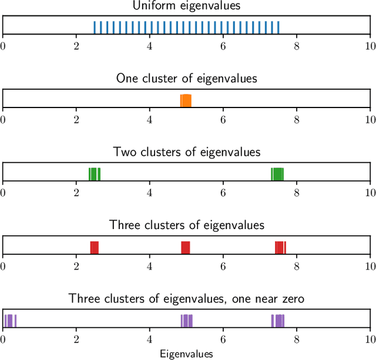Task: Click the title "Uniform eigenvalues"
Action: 187,6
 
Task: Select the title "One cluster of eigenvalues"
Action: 187,78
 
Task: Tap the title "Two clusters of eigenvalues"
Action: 187,152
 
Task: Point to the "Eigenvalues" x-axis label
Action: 187,354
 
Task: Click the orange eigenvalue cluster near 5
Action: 186,100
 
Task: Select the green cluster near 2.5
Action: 95,174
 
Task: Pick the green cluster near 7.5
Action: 277,174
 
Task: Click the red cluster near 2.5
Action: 94,247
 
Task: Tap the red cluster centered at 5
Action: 186,247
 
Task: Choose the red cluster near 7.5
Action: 280,247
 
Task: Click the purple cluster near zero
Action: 10,321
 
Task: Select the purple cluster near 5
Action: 187,321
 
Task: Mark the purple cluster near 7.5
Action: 278,321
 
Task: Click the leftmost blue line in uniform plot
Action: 95,28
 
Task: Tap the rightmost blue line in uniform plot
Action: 278,28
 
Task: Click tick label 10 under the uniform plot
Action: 370,46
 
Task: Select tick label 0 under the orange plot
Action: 4,119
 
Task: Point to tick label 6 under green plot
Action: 223,193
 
